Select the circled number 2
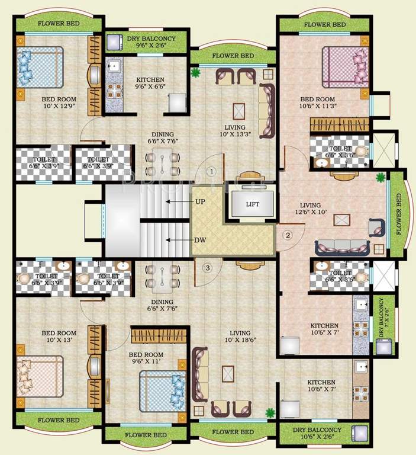[288, 235]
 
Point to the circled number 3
[207, 267]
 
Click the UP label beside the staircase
[200, 201]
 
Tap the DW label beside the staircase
[200, 240]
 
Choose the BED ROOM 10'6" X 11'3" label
[317, 103]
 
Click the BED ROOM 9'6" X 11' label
[146, 358]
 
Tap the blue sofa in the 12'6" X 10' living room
[343, 246]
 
